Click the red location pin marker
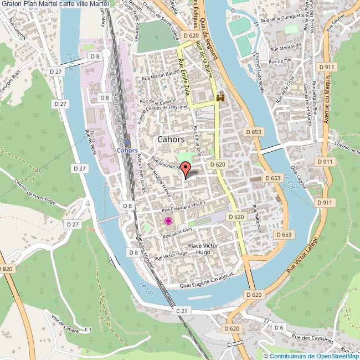[x=186, y=168]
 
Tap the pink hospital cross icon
[x=167, y=222]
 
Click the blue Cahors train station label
[x=127, y=150]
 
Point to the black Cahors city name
[x=171, y=140]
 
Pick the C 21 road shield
[x=182, y=312]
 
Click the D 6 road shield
[x=279, y=328]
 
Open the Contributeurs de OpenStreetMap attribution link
[x=313, y=356]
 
